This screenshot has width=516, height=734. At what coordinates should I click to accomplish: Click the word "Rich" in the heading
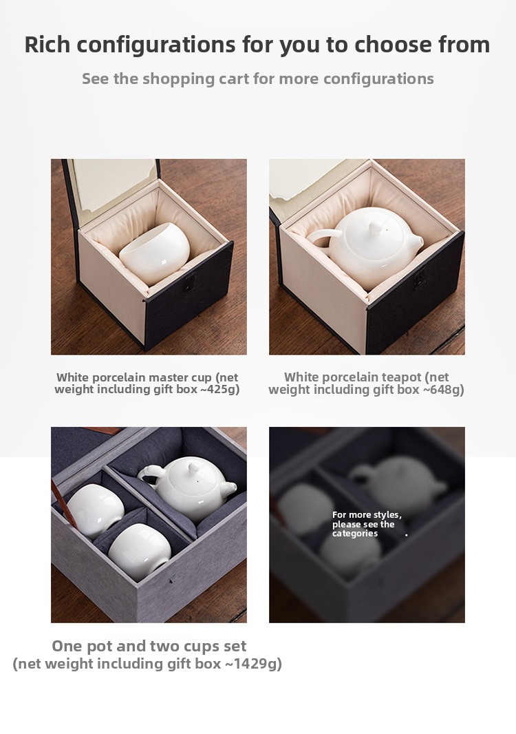pos(47,45)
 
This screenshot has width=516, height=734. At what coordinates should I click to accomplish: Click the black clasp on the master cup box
pos(189,284)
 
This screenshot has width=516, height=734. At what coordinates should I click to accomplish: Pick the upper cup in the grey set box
pos(95,510)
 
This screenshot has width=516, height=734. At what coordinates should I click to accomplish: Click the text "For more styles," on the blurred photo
pos(367,515)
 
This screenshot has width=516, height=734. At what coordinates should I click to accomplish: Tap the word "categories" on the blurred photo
pos(354,533)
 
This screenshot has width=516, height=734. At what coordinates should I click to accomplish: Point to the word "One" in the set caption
pos(67,646)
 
